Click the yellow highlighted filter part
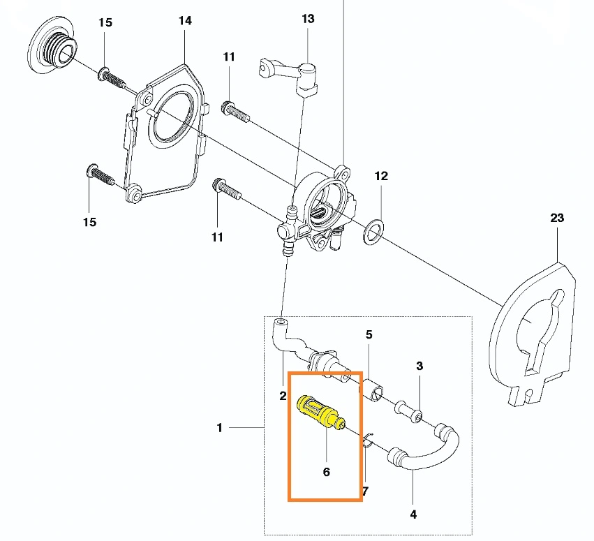coord(320,413)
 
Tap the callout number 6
coord(326,472)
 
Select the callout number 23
coord(557,218)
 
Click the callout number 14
coord(185,20)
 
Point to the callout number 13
coord(308,19)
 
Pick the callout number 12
coord(381,176)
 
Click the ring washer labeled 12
coord(374,232)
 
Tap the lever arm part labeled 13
coord(289,76)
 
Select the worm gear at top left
coord(54,45)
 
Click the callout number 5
coord(369,334)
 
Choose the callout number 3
coord(419,366)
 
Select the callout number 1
coord(219,428)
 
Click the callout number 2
coord(283,396)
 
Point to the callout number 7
coord(365,491)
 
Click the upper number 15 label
coord(105,22)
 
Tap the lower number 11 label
coord(217,237)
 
